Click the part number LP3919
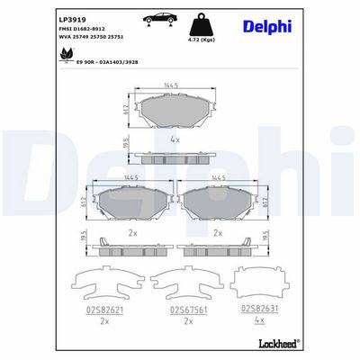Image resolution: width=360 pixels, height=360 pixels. point(72,17)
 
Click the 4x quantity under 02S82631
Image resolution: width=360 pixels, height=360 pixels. point(258,319)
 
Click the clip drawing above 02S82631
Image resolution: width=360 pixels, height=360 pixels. point(258,283)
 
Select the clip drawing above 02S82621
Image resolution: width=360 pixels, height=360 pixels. point(108,284)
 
